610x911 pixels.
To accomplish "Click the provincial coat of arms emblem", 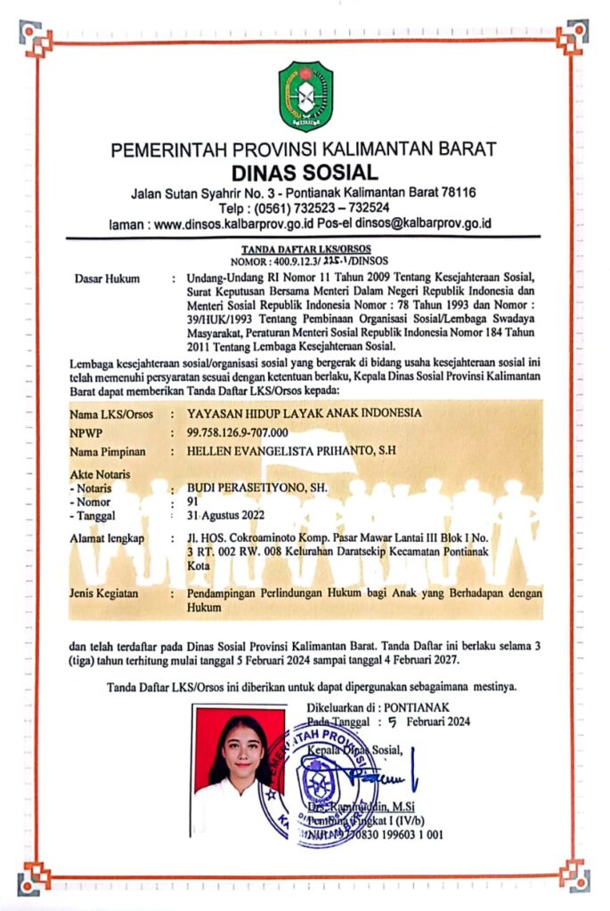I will coord(305,96).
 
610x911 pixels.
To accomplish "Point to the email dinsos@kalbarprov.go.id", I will coord(423,223).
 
